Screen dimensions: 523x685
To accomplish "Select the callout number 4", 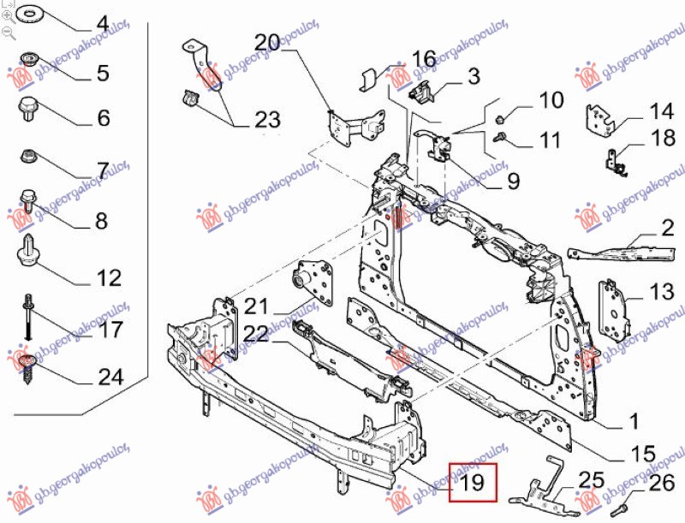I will click(x=103, y=25).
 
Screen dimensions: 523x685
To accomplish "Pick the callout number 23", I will click(x=267, y=120).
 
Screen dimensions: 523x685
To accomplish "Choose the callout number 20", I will click(x=267, y=42).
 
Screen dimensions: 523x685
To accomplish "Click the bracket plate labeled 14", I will click(x=599, y=117).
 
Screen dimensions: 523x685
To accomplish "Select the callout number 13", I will click(x=661, y=293).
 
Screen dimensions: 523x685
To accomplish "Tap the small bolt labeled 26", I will click(x=624, y=505).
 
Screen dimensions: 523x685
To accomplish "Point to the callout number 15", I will click(x=643, y=454).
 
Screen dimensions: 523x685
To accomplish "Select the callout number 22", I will click(x=255, y=333).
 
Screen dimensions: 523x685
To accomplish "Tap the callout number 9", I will click(x=513, y=181).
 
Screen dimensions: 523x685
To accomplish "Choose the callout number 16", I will click(x=424, y=58).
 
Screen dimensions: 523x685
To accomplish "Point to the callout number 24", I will click(x=110, y=377).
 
